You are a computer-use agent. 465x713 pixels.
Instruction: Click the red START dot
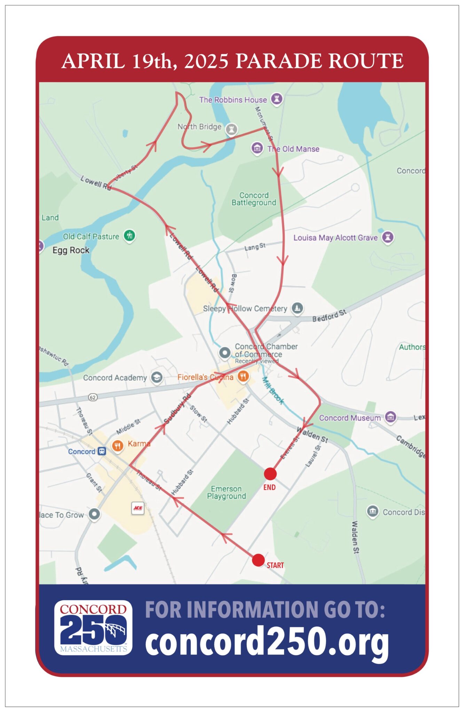[x=258, y=560]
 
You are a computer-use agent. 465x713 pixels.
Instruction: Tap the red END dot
[x=270, y=474]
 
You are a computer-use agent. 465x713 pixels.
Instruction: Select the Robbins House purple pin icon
[x=277, y=99]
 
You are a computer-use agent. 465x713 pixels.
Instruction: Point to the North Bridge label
[x=199, y=127]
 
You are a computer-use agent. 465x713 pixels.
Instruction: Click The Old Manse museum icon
[x=257, y=148]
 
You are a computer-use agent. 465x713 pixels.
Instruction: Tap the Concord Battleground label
[x=254, y=199]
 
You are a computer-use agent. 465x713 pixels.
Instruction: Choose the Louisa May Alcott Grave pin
[x=388, y=237]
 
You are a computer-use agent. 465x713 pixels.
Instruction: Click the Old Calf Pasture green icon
[x=129, y=235]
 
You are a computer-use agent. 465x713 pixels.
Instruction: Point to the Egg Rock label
[x=71, y=250]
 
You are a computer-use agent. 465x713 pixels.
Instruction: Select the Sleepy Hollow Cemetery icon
[x=297, y=308]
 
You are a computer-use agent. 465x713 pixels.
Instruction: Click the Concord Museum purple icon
[x=391, y=417]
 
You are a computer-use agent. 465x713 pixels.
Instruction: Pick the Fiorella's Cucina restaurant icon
[x=243, y=376]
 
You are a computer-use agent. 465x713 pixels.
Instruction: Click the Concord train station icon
[x=102, y=452]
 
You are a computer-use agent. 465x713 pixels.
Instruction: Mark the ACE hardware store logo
[x=138, y=508]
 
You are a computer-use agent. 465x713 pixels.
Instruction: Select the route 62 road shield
[x=93, y=397]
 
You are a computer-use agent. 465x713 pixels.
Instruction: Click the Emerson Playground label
[x=226, y=493]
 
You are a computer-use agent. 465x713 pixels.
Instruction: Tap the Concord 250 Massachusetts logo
[x=93, y=627]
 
